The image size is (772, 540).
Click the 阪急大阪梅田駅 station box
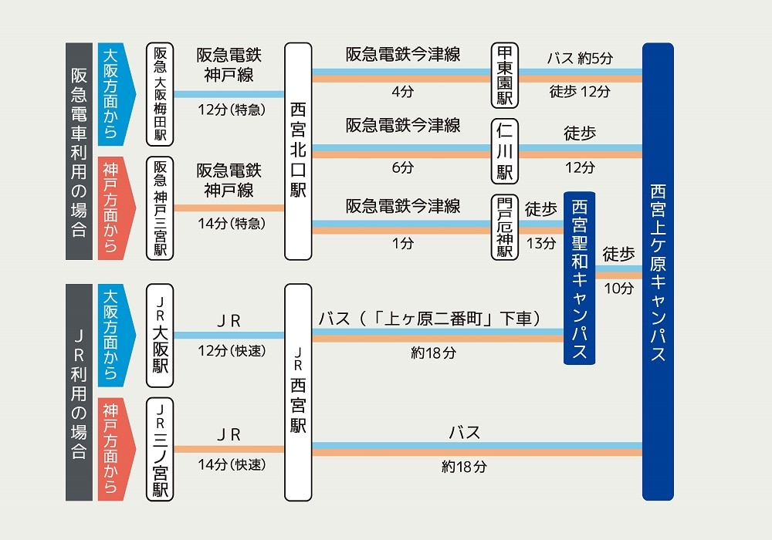point(160,94)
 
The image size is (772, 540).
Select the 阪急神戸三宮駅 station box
point(160,208)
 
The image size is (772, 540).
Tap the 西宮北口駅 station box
point(298,151)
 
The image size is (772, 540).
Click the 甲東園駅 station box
point(505,76)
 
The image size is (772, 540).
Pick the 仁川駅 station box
point(505,151)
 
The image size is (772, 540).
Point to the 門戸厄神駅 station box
point(505,228)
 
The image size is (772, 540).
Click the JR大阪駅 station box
point(160,336)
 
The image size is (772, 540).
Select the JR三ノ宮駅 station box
point(160,450)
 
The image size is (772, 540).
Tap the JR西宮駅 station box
point(298,393)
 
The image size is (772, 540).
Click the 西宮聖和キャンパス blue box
point(580,278)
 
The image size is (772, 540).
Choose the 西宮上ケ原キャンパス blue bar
point(658,272)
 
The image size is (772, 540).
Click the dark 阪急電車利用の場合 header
point(80,151)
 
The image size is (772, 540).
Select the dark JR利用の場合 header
point(80,393)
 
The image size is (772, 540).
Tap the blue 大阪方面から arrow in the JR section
point(115,336)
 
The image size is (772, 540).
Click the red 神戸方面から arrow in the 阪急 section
point(115,208)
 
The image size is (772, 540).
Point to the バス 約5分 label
point(580,59)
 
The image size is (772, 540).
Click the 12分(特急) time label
point(232,110)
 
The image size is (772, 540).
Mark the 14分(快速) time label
point(232,464)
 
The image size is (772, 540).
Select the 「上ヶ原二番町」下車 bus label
point(455,319)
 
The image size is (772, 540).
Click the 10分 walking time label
point(618,289)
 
